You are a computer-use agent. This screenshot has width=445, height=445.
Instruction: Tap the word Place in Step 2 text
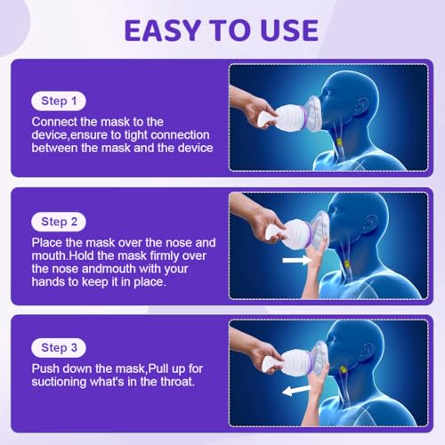47,241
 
